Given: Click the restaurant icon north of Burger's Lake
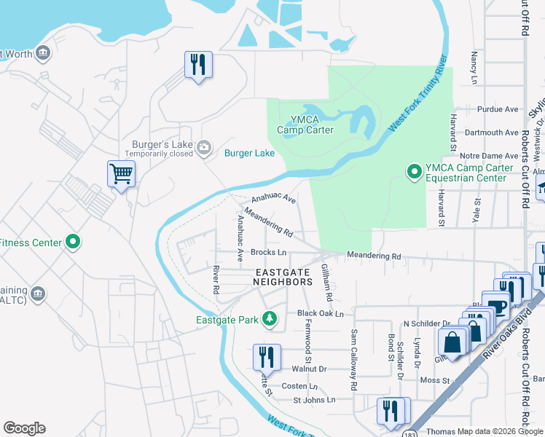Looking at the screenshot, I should [198, 65].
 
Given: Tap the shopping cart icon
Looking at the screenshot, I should [121, 174].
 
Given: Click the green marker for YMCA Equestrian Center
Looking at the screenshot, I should [414, 172].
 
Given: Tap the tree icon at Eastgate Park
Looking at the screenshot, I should [270, 318].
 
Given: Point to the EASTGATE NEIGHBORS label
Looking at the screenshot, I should [283, 275].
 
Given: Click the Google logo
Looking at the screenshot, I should [24, 428].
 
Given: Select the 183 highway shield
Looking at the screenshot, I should [412, 430].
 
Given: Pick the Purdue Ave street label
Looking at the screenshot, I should [497, 109].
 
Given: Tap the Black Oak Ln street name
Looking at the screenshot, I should [320, 313].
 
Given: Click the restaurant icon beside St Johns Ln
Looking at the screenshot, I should [391, 409].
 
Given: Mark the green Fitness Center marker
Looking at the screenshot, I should [73, 242].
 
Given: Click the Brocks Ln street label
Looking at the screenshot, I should [268, 252].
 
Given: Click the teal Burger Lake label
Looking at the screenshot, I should [249, 153].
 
